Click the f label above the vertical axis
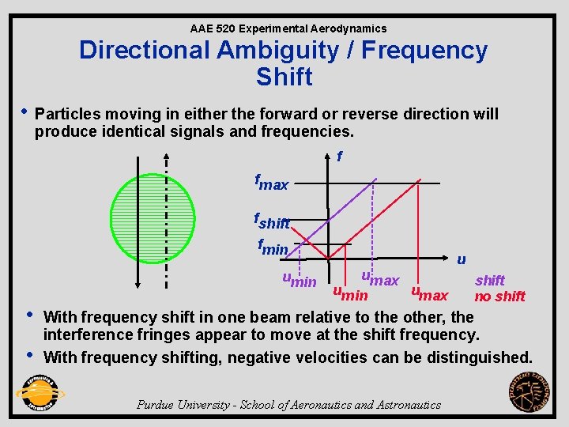(x=339, y=157)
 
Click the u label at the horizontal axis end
(x=461, y=259)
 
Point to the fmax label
(x=271, y=183)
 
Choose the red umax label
(x=430, y=294)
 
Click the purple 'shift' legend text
(x=490, y=280)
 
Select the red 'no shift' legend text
(x=499, y=297)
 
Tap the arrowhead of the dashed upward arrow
(x=166, y=156)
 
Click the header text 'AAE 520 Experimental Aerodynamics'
(x=288, y=28)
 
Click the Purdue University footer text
(x=289, y=405)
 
